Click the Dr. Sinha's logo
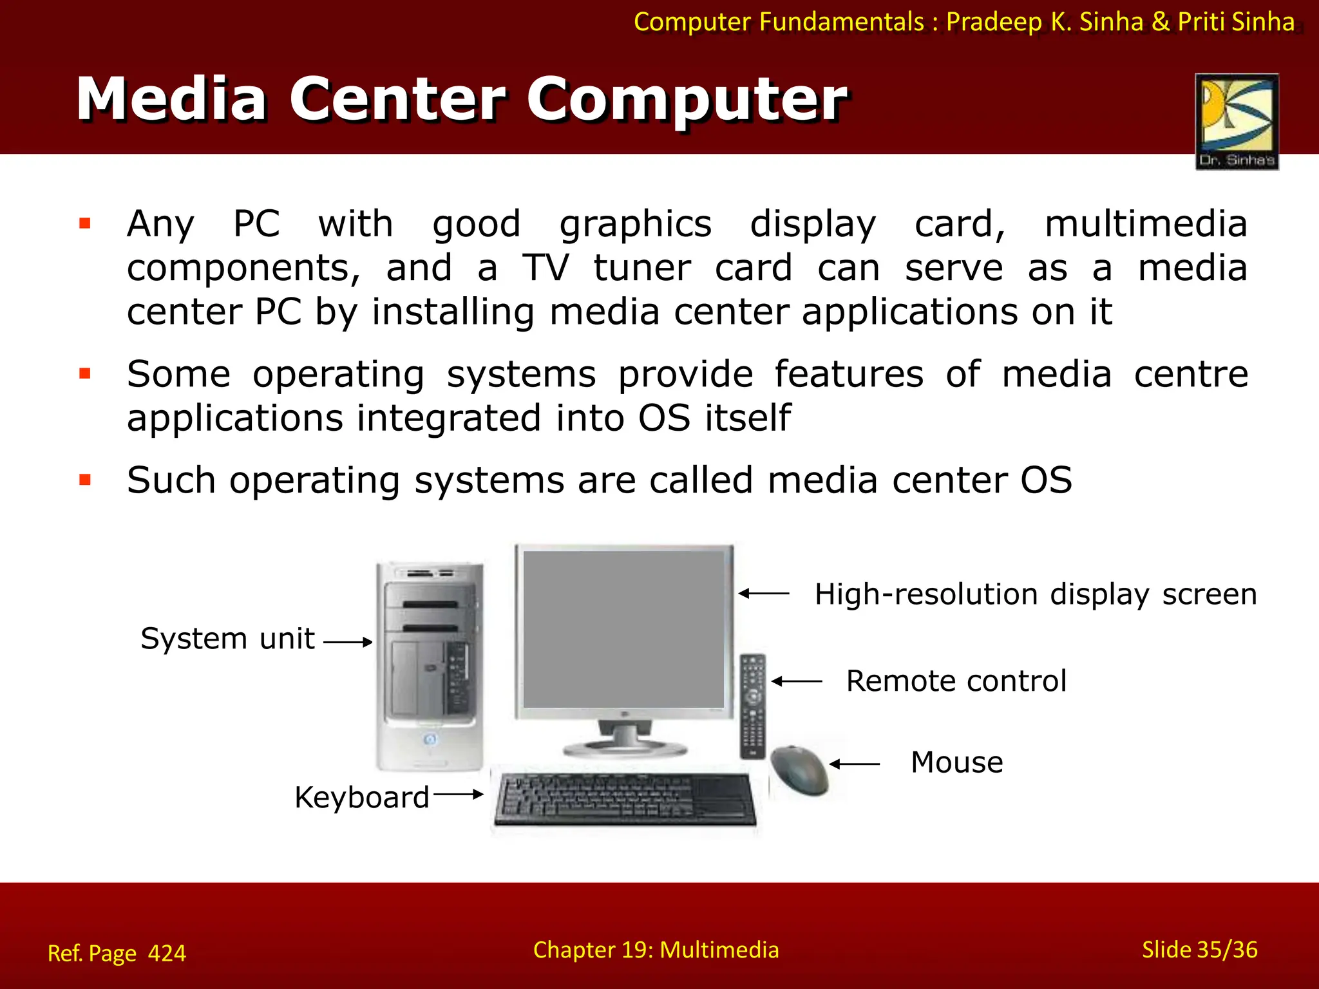1237,121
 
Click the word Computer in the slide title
687,99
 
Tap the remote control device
752,706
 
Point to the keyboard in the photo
623,799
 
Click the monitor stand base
625,748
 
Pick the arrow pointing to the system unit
348,642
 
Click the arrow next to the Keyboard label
458,795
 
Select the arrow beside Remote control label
797,681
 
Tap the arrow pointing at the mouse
854,764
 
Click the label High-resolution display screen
1035,594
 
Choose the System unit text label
227,639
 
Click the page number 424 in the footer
167,953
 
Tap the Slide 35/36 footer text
1199,950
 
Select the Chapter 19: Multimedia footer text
656,950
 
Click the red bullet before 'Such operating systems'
85,480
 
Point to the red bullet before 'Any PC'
85,223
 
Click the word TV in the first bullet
546,268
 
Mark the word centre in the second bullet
1190,374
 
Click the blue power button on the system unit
430,739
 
